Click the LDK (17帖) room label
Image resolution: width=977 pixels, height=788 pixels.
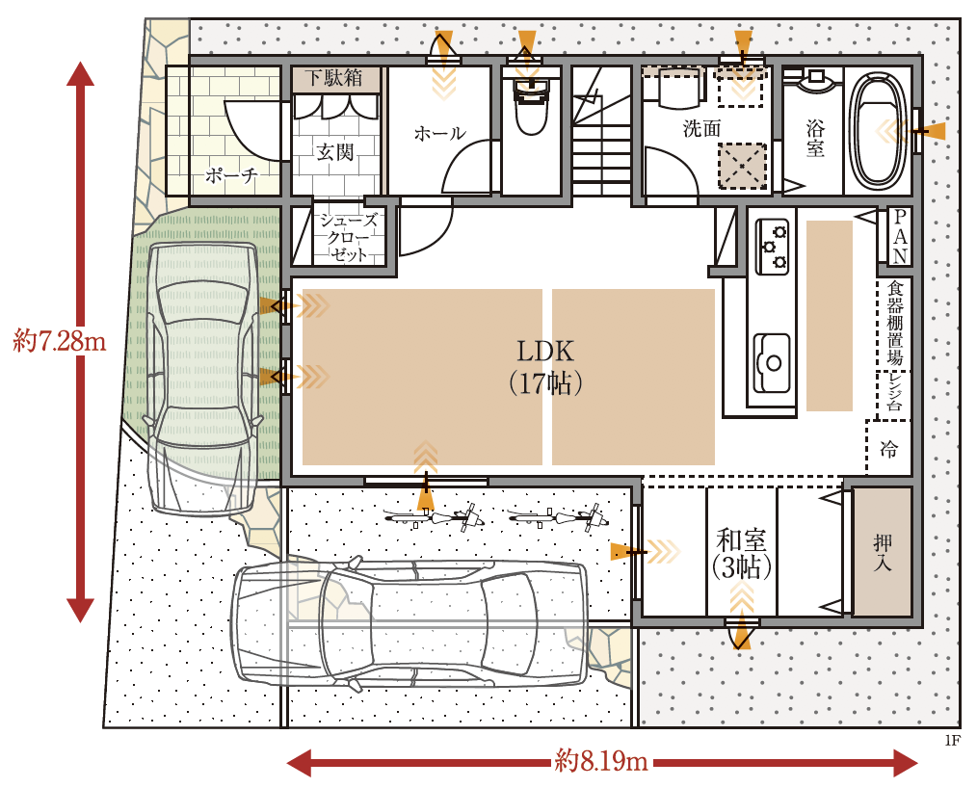[x=545, y=368]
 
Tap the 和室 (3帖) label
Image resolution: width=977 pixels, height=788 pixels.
[x=742, y=553]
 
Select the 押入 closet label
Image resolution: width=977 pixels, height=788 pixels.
[x=883, y=553]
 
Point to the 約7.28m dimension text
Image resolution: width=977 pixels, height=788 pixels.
[x=59, y=341]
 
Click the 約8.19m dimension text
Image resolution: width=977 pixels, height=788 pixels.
[x=600, y=761]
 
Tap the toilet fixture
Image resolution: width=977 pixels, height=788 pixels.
[x=530, y=106]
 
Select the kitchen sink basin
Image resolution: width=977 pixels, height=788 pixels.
[x=773, y=361]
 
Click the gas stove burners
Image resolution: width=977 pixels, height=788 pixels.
[x=774, y=246]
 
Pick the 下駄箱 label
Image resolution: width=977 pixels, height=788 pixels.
[x=334, y=78]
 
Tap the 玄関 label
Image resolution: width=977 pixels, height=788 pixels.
[x=334, y=151]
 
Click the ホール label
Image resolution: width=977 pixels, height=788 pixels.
[x=440, y=133]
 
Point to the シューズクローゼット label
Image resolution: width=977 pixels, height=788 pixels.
[x=348, y=237]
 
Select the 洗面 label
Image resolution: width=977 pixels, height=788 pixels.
[x=701, y=128]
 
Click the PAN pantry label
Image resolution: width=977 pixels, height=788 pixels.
[x=900, y=236]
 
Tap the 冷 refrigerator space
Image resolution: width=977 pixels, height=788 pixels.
[x=888, y=449]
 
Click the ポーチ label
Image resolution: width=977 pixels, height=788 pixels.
[x=232, y=175]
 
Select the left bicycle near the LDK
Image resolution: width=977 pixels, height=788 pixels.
[x=435, y=517]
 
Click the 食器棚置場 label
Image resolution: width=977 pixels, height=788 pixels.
[x=895, y=323]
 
